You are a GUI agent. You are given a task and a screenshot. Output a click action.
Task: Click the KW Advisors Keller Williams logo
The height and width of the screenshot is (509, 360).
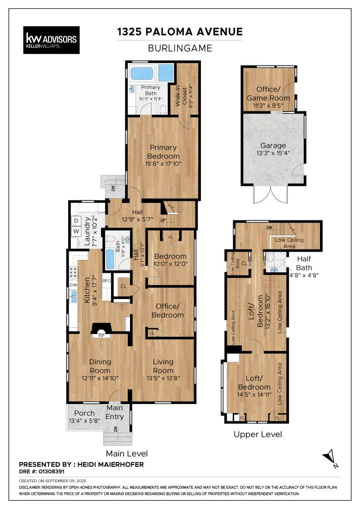(x=51, y=40)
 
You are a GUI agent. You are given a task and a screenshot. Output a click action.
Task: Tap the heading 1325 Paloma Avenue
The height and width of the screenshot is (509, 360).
(x=180, y=32)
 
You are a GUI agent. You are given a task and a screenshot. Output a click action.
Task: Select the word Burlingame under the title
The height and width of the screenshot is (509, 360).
(x=180, y=48)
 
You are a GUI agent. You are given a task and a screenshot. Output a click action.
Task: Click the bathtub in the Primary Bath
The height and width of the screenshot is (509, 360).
(x=141, y=73)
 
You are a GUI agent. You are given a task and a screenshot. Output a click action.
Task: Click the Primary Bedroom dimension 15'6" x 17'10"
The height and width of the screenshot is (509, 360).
(x=163, y=164)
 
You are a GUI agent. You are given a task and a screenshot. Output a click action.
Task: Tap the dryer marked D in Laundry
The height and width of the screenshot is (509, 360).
(x=76, y=221)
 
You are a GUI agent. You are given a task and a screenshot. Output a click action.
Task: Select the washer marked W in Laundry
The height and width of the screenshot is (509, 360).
(x=76, y=231)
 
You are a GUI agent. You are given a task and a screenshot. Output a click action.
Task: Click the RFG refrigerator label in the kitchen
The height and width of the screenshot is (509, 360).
(x=107, y=281)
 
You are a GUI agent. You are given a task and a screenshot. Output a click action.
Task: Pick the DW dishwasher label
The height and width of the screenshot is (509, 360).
(x=73, y=285)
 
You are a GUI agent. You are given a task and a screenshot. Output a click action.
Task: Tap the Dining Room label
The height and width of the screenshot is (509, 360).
(x=100, y=366)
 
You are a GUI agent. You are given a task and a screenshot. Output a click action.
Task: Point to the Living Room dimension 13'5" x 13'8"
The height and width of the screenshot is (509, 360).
(x=163, y=378)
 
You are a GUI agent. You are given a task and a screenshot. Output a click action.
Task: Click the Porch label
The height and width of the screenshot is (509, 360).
(x=85, y=413)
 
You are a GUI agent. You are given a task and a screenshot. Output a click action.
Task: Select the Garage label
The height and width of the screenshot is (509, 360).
(x=273, y=146)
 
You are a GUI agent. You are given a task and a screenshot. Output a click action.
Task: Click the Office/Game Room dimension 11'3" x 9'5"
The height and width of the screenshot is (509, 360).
(x=268, y=106)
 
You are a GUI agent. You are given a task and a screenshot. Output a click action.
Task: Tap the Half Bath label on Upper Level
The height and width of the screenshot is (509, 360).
(x=304, y=263)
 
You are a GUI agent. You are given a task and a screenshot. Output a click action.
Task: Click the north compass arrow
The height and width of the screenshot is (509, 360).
(x=330, y=455)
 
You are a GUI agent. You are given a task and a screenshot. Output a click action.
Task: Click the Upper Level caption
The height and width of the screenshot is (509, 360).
(x=258, y=434)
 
